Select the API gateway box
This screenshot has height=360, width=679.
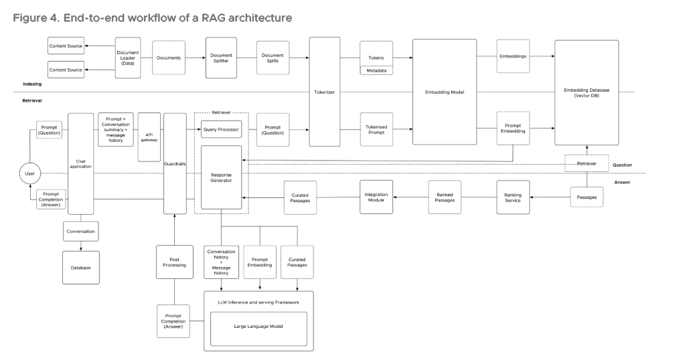pyautogui.click(x=149, y=137)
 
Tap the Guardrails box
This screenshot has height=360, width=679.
pyautogui.click(x=174, y=163)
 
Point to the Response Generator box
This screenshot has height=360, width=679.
pyautogui.click(x=221, y=177)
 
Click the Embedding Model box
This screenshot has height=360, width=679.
pyautogui.click(x=444, y=92)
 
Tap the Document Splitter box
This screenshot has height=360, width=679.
pyautogui.click(x=221, y=58)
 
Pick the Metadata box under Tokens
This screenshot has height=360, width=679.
pyautogui.click(x=376, y=70)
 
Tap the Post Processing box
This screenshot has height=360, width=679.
pyautogui.click(x=174, y=262)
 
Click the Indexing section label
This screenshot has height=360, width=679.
pyautogui.click(x=32, y=84)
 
